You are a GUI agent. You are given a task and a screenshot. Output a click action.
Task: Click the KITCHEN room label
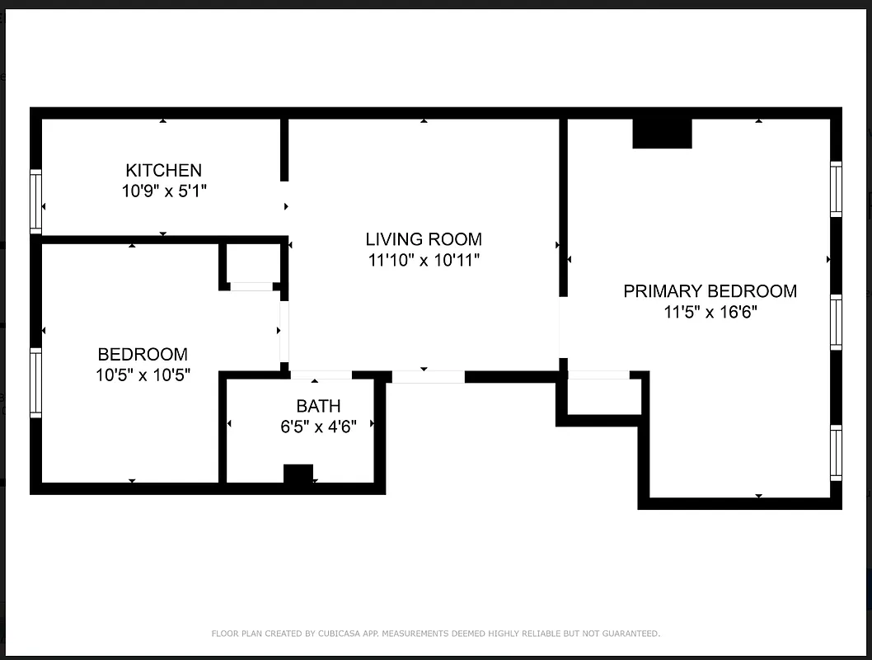(x=163, y=170)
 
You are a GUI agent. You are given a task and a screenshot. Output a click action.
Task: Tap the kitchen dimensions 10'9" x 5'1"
(x=163, y=191)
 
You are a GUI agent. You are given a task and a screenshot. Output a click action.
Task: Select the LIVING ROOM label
(x=424, y=239)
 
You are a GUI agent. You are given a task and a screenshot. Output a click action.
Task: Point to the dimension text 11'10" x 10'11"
(x=424, y=261)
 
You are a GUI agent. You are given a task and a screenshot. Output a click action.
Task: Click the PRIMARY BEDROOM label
(x=710, y=291)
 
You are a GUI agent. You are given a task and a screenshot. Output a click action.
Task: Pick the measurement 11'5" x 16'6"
(x=710, y=313)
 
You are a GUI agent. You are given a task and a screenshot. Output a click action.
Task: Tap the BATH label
(x=318, y=406)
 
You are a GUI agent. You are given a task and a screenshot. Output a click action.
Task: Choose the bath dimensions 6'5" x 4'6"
(x=318, y=427)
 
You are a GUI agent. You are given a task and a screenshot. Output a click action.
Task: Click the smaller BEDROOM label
(x=143, y=355)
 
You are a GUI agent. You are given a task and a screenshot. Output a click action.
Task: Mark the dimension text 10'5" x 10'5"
(x=143, y=376)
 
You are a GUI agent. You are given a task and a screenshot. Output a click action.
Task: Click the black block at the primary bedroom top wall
(x=662, y=134)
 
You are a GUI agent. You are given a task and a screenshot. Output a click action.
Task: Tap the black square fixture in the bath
(x=298, y=475)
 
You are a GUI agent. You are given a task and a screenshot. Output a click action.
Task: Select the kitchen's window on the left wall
(x=35, y=201)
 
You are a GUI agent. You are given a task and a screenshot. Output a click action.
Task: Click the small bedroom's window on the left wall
(x=35, y=383)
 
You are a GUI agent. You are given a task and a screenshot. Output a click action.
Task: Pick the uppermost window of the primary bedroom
(x=836, y=189)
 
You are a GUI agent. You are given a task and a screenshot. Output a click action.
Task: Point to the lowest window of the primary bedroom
(x=836, y=453)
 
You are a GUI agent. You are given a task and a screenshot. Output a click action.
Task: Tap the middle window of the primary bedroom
(x=836, y=322)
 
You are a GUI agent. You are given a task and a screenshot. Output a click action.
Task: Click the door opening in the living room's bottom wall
(x=428, y=377)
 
